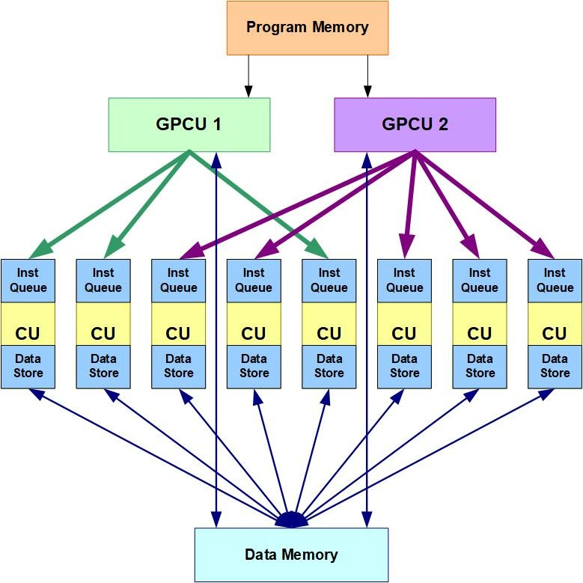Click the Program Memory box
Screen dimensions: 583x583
click(x=308, y=28)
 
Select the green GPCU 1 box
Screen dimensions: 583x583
click(x=189, y=124)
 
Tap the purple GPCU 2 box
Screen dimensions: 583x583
click(x=415, y=124)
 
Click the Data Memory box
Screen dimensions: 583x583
click(x=291, y=555)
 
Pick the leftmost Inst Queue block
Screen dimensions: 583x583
click(x=28, y=281)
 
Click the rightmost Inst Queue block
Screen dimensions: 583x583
click(x=555, y=281)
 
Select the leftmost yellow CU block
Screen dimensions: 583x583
click(x=28, y=332)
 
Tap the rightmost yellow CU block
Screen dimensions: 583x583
click(x=555, y=332)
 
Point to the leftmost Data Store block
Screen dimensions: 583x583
click(x=28, y=367)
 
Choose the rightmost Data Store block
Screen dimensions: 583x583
click(x=555, y=367)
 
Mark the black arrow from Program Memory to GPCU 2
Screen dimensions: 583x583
click(x=367, y=76)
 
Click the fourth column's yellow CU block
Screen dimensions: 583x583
click(x=254, y=332)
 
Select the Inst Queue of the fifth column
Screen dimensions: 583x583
click(x=329, y=281)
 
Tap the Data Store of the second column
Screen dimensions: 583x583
click(x=103, y=367)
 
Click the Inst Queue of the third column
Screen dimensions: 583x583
click(x=178, y=281)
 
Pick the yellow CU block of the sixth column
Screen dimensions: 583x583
click(x=404, y=332)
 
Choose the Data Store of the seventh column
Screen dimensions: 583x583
click(x=480, y=367)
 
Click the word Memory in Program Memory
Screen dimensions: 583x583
click(x=341, y=28)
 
